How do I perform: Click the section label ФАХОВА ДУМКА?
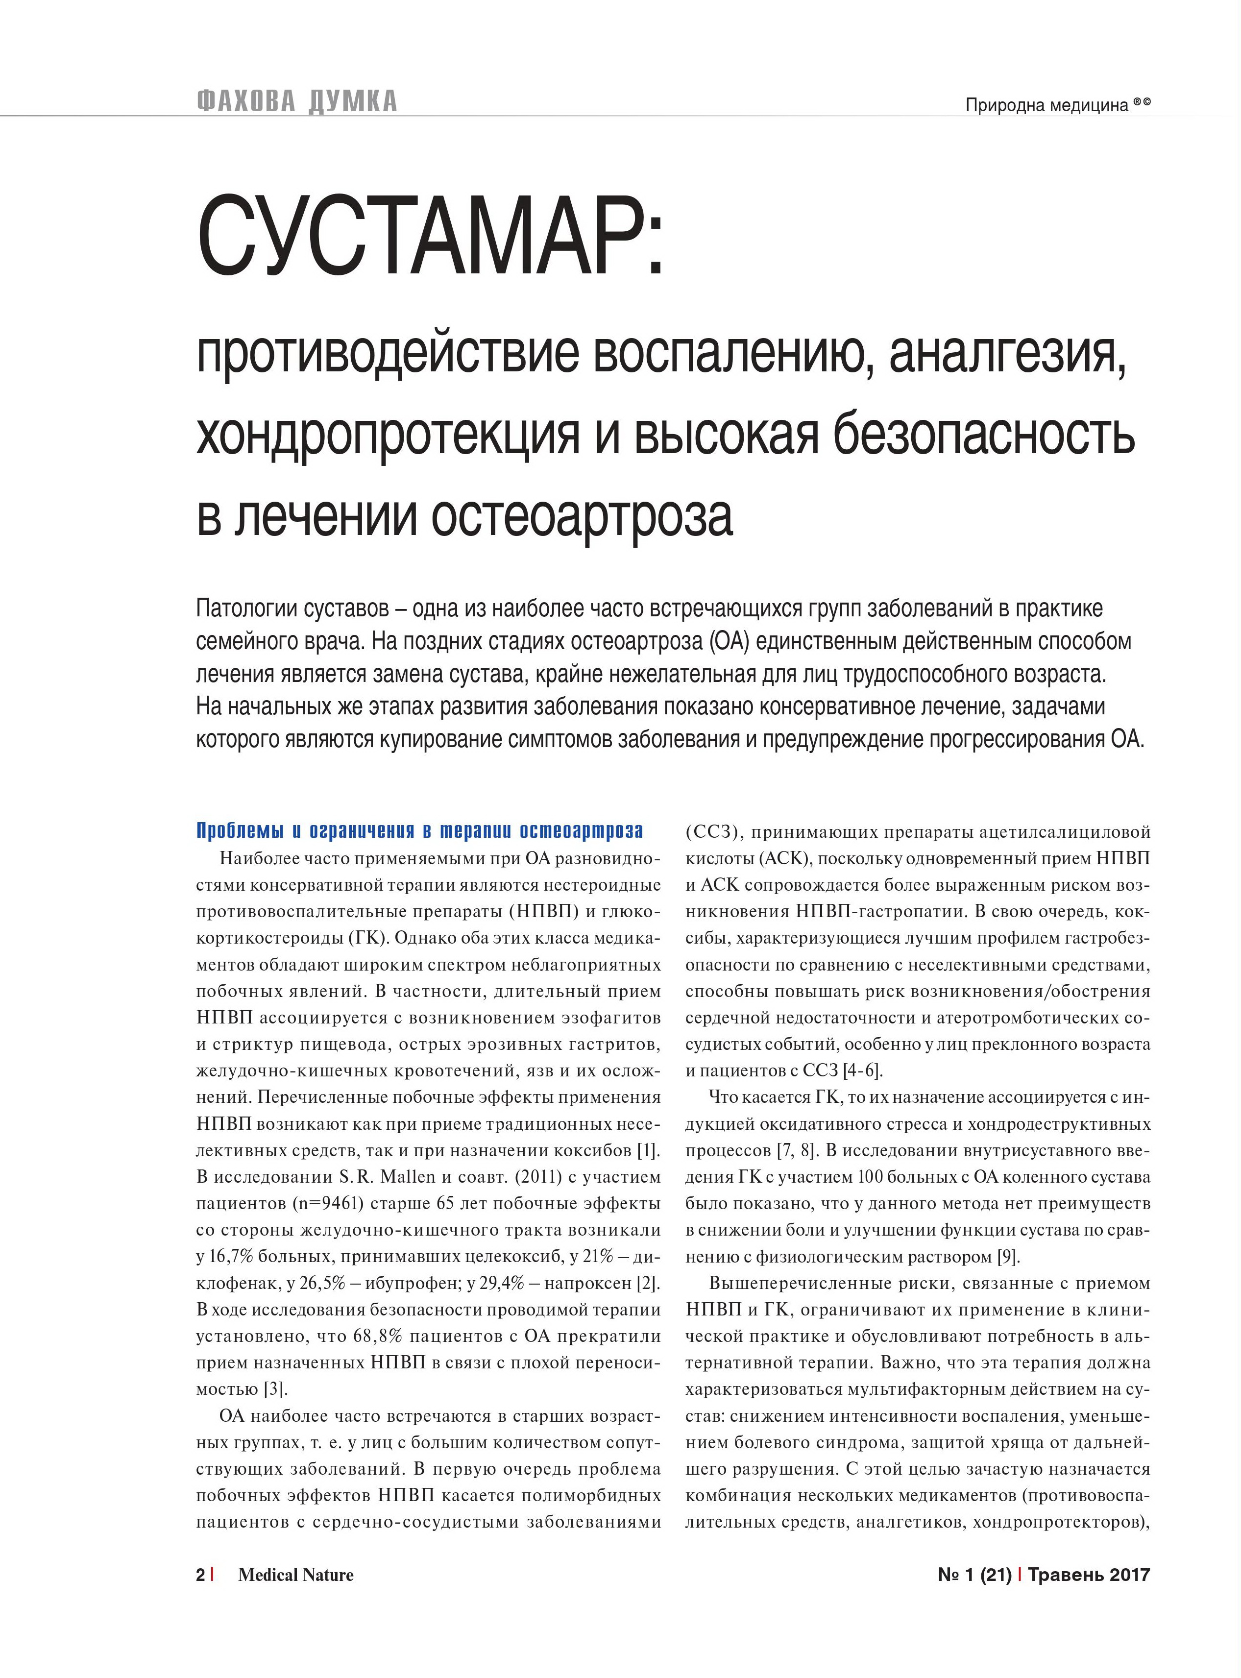pos(297,101)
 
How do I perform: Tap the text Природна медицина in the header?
pos(1046,106)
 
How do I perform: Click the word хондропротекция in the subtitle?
pos(388,435)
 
